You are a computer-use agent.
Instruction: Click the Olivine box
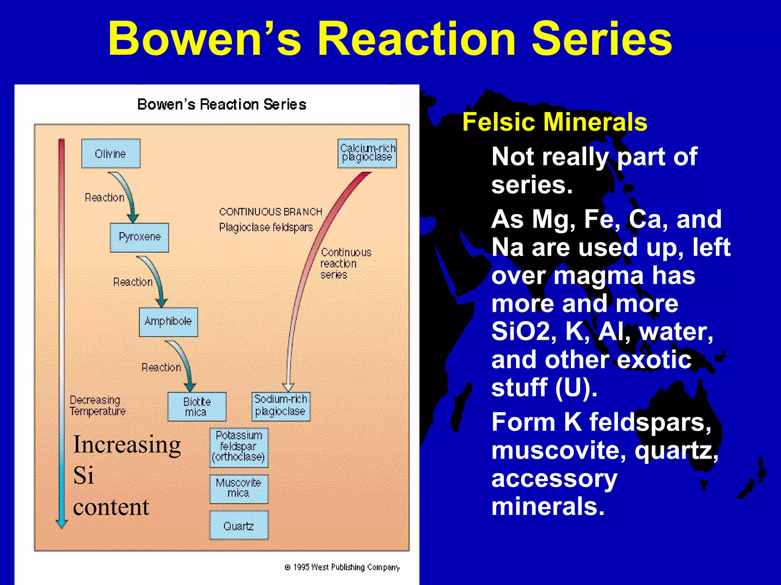[x=111, y=153]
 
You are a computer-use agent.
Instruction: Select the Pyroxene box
[x=139, y=237]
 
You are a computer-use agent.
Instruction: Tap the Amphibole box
[x=168, y=322]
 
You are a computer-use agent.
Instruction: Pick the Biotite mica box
[x=197, y=407]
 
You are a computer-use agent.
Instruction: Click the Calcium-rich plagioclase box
[x=367, y=153]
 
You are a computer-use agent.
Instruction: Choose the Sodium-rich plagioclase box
[x=281, y=406]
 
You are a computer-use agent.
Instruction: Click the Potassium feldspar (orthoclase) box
[x=239, y=447]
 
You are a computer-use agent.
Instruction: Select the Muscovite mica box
[x=239, y=489]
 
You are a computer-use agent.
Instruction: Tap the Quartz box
[x=239, y=526]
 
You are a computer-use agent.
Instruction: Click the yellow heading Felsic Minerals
[x=554, y=122]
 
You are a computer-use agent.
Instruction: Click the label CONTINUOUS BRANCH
[x=270, y=212]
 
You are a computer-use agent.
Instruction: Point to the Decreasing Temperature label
[x=97, y=406]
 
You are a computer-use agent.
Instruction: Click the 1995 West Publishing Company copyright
[x=342, y=567]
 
